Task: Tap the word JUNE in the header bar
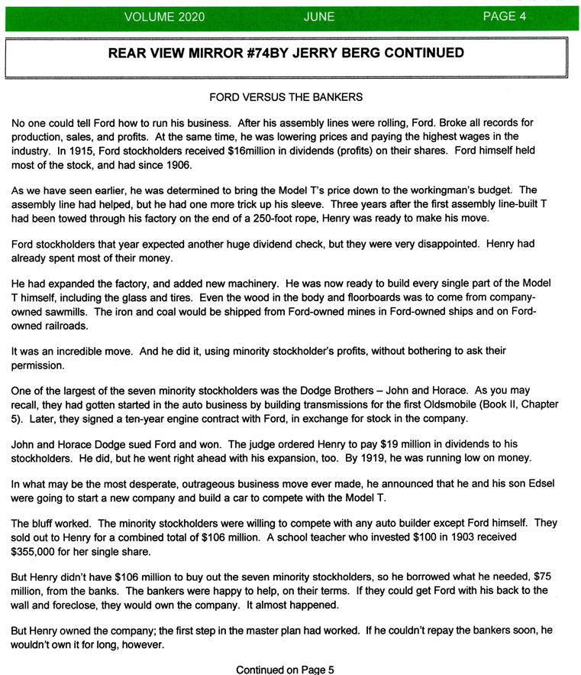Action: point(318,16)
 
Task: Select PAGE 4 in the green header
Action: point(505,16)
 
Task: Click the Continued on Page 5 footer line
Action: point(286,670)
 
